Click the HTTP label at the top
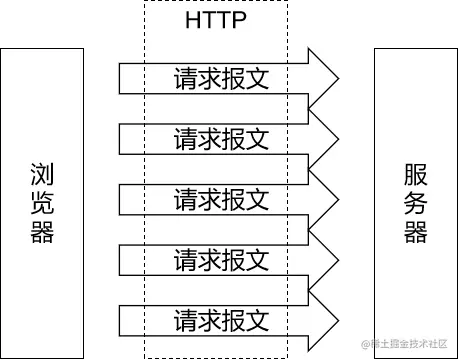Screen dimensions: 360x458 215,22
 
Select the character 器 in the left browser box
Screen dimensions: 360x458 42,233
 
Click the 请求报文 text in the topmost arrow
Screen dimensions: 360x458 221,76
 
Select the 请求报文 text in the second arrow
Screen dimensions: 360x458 221,137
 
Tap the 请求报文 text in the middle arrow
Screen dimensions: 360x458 221,198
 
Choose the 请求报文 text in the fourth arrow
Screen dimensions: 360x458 221,260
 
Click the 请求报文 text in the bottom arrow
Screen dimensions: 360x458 221,321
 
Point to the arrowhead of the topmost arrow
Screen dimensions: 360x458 325,76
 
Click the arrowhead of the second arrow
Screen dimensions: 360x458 325,137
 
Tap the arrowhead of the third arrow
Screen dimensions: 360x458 325,198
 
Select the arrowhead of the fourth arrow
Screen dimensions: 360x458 325,260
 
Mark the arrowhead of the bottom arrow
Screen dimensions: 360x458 325,321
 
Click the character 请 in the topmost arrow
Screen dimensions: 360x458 185,76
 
